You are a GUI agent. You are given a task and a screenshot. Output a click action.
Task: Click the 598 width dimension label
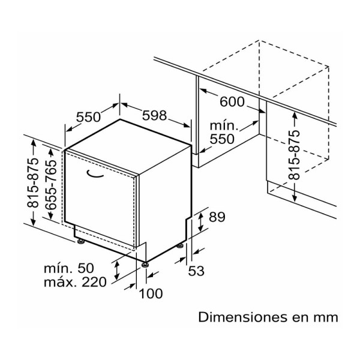154,115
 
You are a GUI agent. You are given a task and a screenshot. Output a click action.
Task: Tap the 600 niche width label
232,102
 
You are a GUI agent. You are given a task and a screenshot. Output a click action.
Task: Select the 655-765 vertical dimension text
51,185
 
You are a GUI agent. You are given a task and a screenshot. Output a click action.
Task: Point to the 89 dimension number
217,217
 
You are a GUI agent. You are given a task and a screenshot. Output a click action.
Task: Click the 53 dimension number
196,271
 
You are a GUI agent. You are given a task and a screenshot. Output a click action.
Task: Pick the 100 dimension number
151,293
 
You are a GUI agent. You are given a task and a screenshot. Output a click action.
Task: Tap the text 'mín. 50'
69,268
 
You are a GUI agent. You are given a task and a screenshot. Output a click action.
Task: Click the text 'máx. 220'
75,282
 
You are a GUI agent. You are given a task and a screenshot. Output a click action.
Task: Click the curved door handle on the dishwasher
95,175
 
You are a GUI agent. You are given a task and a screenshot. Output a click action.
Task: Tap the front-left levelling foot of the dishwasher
80,241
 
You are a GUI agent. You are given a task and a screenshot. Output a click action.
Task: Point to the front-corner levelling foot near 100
145,265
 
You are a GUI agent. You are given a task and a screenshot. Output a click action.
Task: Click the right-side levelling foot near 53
180,246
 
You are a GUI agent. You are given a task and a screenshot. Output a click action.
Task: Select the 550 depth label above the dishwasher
88,117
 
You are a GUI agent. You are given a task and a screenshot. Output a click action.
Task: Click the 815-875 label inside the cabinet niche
295,155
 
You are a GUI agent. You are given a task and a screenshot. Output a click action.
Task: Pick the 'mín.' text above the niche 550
224,126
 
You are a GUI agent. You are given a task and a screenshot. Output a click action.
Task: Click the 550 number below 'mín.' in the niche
222,139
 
